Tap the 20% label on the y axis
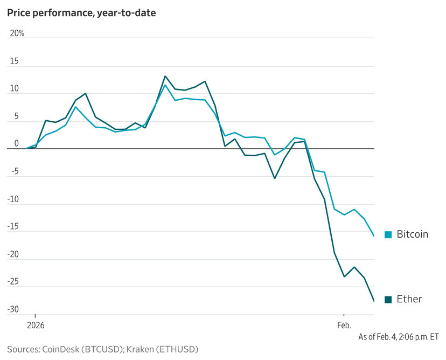coord(17,33)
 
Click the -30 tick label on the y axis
coord(13,309)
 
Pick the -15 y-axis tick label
coord(13,227)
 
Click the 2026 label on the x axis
coord(36,326)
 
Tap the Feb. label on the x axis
coord(344,326)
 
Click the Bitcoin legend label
coord(412,234)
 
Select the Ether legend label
coord(409,299)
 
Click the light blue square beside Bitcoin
coord(388,234)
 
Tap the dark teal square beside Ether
coord(388,300)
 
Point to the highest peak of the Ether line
coord(165,76)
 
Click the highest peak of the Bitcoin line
coord(165,85)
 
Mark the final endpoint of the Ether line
coord(374,301)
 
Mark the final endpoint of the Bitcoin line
coord(374,236)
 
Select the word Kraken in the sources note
coord(142,349)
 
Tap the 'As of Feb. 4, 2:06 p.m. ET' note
coord(399,337)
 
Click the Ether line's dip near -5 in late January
coord(275,178)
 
